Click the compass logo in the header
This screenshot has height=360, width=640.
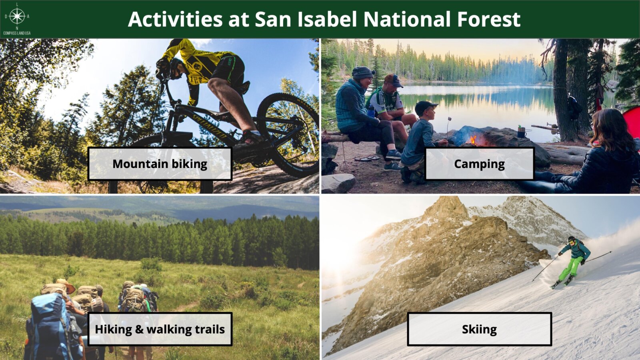(17, 16)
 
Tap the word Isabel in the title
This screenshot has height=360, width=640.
(328, 19)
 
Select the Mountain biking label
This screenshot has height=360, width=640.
(160, 164)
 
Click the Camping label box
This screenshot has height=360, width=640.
(480, 164)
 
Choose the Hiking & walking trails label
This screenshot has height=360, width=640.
(160, 329)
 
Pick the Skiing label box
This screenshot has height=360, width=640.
(480, 329)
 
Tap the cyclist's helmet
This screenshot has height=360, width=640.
(175, 68)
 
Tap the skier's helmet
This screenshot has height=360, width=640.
(571, 240)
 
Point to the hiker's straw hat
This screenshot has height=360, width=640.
(66, 285)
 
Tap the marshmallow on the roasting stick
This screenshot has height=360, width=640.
(450, 118)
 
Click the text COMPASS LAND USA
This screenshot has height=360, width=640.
(17, 33)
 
